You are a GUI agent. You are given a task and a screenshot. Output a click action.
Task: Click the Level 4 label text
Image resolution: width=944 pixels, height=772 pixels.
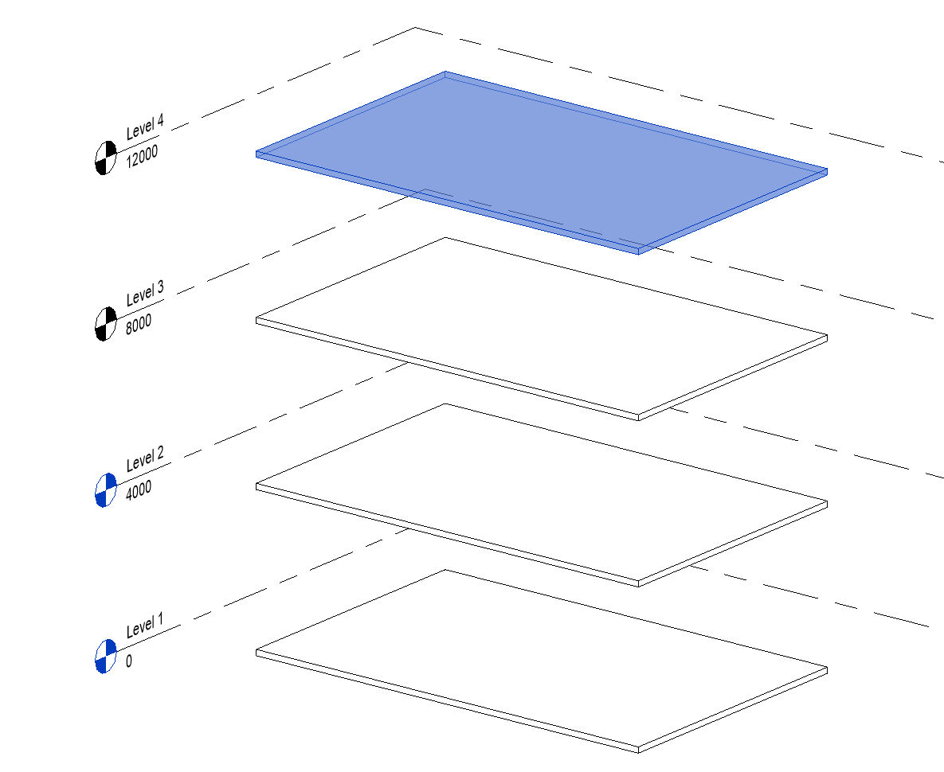(x=145, y=127)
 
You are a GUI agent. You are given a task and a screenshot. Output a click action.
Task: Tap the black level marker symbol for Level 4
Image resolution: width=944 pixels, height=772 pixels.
(x=106, y=158)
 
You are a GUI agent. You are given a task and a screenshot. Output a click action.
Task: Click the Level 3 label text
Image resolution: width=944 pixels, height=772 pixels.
(x=145, y=293)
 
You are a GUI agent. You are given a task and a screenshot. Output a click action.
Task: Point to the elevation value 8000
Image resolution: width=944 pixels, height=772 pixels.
(x=139, y=324)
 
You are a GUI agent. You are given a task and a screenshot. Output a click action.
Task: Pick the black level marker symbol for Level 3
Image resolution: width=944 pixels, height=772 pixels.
(x=106, y=324)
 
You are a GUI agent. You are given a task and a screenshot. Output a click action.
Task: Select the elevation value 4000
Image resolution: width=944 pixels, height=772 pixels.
(x=139, y=490)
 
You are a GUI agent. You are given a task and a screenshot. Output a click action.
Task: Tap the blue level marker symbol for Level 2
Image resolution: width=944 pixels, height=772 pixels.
(x=106, y=490)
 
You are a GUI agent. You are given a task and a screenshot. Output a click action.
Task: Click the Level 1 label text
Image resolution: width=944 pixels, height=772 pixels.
(x=144, y=626)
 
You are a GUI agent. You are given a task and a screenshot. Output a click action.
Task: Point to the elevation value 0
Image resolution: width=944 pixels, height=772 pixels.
(x=129, y=661)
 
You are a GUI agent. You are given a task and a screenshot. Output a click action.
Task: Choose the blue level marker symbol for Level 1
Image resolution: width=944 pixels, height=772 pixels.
(x=106, y=657)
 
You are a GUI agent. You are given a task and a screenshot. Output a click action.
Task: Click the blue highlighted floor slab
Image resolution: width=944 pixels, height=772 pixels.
(x=542, y=162)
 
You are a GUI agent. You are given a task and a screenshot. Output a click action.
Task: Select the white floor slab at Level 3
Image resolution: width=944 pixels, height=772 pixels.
(x=542, y=328)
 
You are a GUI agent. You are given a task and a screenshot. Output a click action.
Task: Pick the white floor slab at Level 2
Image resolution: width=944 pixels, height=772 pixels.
(x=542, y=494)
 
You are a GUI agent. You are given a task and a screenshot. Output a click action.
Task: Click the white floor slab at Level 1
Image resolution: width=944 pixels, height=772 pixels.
(x=542, y=660)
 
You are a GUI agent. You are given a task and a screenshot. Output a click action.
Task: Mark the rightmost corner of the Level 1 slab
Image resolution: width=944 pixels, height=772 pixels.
(x=827, y=668)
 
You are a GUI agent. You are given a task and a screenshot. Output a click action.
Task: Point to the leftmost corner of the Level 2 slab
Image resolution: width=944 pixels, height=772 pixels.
(x=257, y=485)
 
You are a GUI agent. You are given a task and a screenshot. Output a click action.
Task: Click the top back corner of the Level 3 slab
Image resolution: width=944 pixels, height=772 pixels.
(x=445, y=237)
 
